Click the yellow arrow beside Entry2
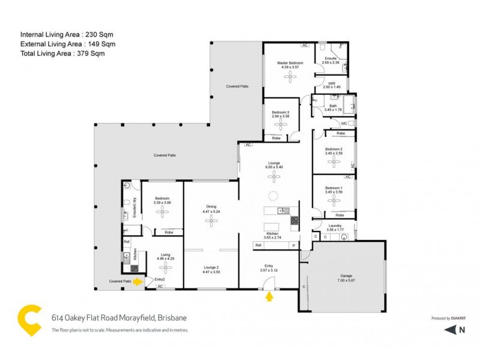pyautogui.click(x=138, y=280)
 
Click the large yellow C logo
pyautogui.click(x=29, y=320)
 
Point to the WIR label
pyautogui.click(x=331, y=83)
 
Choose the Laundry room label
pyautogui.click(x=335, y=226)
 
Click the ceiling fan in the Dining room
pyautogui.click(x=211, y=221)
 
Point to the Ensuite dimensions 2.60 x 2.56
pyautogui.click(x=331, y=62)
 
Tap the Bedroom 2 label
pyautogui.click(x=334, y=149)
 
